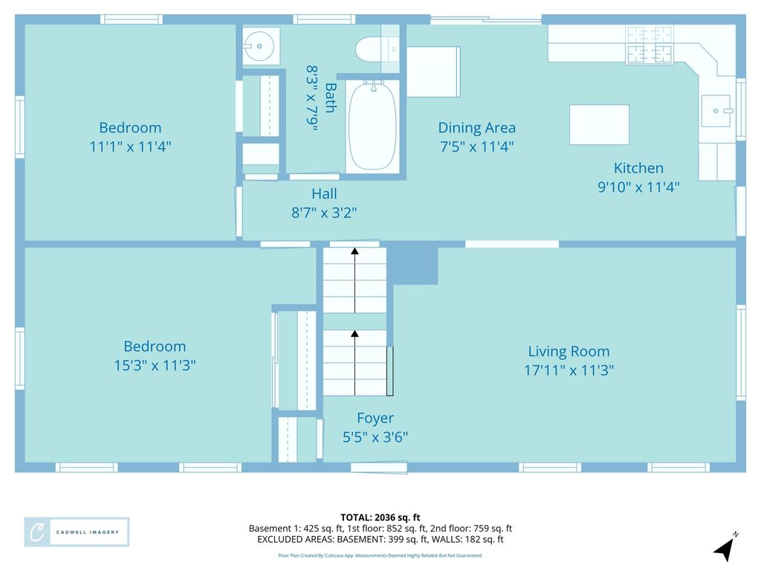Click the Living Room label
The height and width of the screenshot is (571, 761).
(569, 351)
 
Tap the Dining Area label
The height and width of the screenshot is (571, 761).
(476, 128)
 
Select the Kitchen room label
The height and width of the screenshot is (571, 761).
(638, 168)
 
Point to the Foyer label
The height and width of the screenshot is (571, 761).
(375, 418)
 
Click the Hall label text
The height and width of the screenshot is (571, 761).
(324, 194)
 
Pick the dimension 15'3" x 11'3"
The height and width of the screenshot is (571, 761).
(155, 365)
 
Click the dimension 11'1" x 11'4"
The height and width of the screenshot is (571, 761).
(130, 146)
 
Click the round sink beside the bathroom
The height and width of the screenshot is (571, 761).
(259, 46)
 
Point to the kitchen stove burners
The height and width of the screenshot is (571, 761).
(650, 45)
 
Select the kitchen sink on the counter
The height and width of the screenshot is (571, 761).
(716, 111)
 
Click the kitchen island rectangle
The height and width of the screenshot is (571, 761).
(600, 125)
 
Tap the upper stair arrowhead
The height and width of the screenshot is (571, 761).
(354, 251)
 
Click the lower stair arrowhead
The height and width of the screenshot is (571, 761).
(354, 334)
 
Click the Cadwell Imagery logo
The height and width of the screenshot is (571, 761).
(77, 532)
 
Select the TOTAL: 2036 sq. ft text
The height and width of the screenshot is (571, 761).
(380, 517)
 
